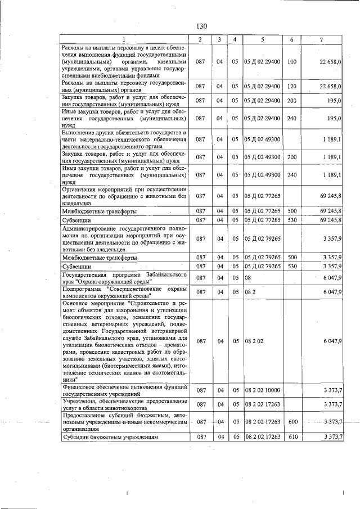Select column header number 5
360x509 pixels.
pyautogui.click(x=262, y=38)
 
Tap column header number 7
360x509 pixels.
pyautogui.click(x=321, y=38)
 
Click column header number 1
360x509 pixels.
pyautogui.click(x=125, y=38)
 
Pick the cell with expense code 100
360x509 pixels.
pyautogui.click(x=291, y=61)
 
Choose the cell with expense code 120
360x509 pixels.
pyautogui.click(x=291, y=86)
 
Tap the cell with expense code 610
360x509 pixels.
pyautogui.click(x=291, y=437)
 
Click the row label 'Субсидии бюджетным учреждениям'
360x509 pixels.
pyautogui.click(x=111, y=437)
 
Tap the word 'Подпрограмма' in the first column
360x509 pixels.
pyautogui.click(x=83, y=289)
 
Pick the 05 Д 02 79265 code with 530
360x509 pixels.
pyautogui.click(x=262, y=266)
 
